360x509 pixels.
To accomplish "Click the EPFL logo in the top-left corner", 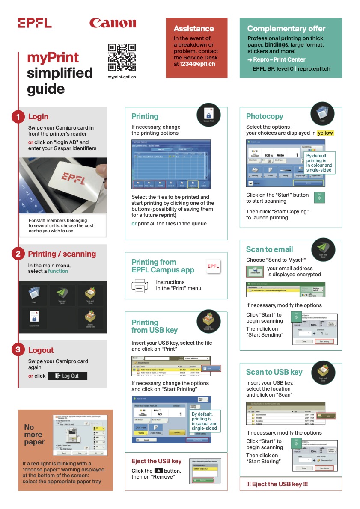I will [35, 23].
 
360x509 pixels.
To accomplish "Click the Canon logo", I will [113, 23].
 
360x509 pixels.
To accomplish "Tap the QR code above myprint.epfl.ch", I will [122, 57].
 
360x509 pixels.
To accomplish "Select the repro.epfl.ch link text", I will [314, 68].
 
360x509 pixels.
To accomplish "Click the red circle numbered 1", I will [18, 117].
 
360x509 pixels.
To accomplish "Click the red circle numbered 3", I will [18, 350].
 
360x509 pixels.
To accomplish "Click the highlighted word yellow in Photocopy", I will [325, 133].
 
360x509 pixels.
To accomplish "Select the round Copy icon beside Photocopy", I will [322, 114].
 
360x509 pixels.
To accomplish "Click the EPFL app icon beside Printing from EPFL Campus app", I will [213, 266].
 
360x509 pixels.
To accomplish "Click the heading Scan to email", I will [269, 249].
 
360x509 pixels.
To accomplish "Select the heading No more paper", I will [34, 434].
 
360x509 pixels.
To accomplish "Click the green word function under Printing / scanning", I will [58, 271].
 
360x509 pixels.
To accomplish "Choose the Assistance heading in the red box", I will [193, 29].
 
